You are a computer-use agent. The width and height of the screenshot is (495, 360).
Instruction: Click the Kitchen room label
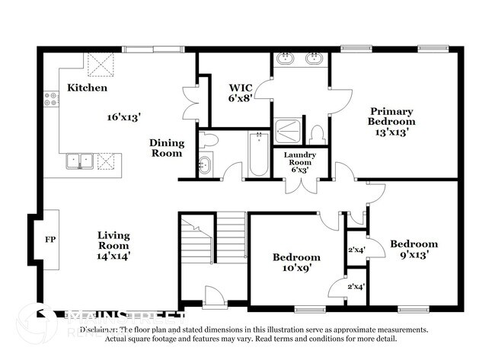(x=87, y=88)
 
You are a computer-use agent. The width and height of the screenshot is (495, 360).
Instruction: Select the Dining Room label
(x=166, y=148)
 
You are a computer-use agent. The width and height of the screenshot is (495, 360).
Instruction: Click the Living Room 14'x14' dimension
(x=113, y=256)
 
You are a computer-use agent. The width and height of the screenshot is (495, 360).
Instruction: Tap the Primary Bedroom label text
(x=391, y=115)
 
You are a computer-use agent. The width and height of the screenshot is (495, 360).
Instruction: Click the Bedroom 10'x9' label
(x=296, y=263)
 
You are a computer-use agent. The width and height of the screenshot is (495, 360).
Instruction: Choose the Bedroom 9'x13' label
(x=414, y=250)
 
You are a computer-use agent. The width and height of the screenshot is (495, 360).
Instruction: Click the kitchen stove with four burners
(x=52, y=98)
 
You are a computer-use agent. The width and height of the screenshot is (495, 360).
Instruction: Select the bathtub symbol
(x=258, y=154)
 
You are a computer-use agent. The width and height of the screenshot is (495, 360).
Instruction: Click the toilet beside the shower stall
(x=318, y=135)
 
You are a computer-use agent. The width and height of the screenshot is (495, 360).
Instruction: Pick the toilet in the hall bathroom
(x=208, y=139)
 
